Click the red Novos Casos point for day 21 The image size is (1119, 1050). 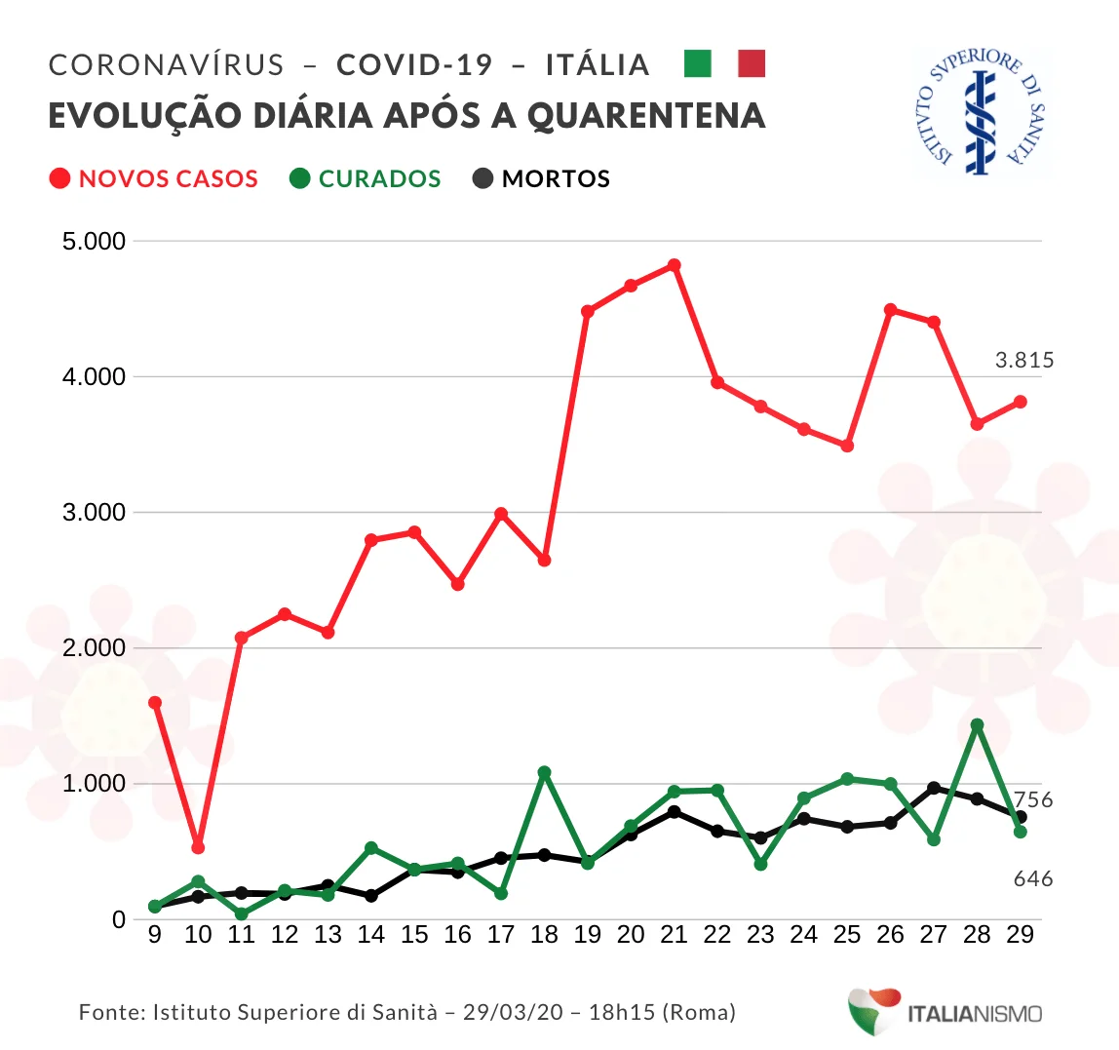tap(674, 265)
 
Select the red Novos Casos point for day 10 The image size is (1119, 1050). tap(198, 847)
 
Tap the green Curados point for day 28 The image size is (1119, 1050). tap(977, 725)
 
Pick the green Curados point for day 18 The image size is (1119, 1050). tap(544, 772)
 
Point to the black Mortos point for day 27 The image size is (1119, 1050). tap(934, 788)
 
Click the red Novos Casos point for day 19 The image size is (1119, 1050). tap(587, 312)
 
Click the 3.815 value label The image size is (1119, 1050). tap(1024, 361)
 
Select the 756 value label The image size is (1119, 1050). tap(1033, 800)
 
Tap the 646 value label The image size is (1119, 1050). tap(1033, 879)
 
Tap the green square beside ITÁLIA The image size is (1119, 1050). tap(698, 64)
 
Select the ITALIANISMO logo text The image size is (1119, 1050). tap(974, 1014)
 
